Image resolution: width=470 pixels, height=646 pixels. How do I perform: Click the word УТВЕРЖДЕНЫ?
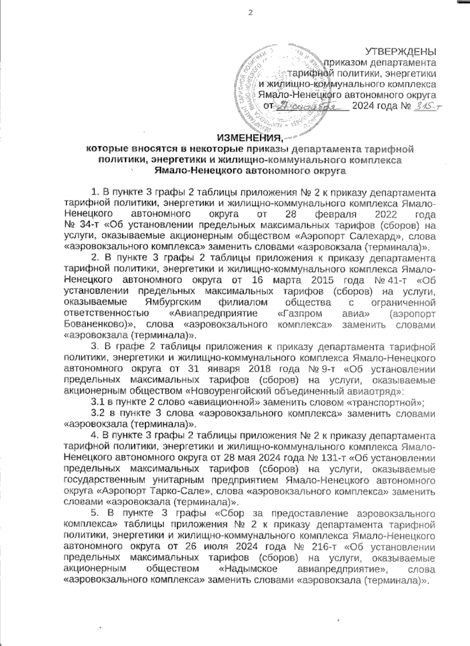[401, 51]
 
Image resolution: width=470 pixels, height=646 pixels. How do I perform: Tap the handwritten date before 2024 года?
[311, 106]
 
